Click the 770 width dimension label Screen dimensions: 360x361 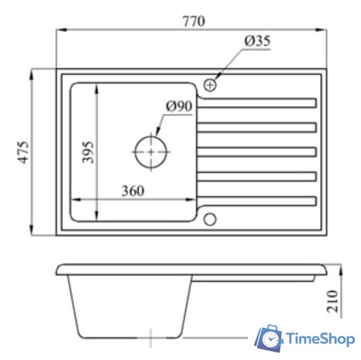pyautogui.click(x=193, y=22)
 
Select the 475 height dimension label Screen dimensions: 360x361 pyautogui.click(x=23, y=152)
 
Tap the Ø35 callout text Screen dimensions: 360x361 pyautogui.click(x=257, y=42)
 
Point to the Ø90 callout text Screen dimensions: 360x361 pyautogui.click(x=179, y=106)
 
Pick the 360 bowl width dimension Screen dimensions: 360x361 pyautogui.click(x=133, y=191)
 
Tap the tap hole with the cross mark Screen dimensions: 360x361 pyautogui.click(x=210, y=85)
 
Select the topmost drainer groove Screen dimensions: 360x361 pyautogui.click(x=258, y=103)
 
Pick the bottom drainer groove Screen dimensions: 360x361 pyautogui.click(x=258, y=201)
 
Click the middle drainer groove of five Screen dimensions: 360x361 pyautogui.click(x=258, y=152)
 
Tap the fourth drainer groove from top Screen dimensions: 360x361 pyautogui.click(x=258, y=177)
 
